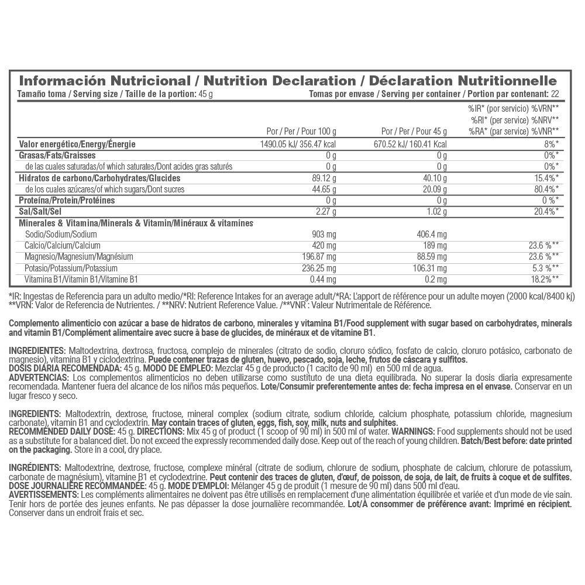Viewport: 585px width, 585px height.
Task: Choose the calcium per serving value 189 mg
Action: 435,245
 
